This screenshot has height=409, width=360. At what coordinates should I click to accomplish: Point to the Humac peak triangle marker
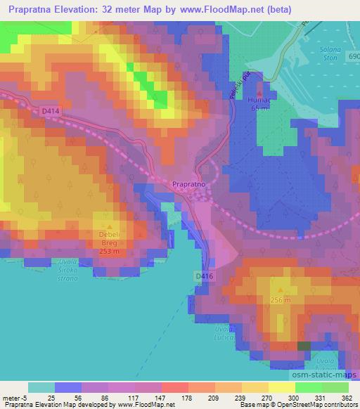[260, 92]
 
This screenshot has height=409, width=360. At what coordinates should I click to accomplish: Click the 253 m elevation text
[109, 252]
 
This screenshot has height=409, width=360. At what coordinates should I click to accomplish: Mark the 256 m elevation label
[281, 300]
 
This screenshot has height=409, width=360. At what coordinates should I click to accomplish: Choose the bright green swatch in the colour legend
[308, 387]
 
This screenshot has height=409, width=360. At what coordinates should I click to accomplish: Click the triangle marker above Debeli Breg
[109, 227]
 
